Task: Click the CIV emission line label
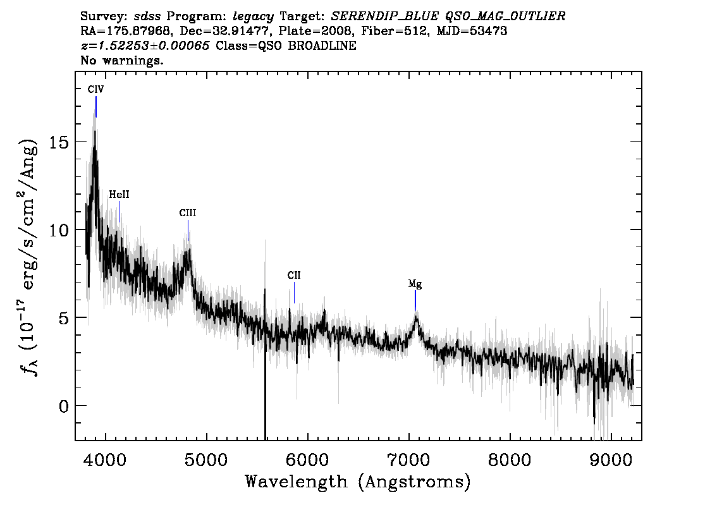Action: [x=96, y=89]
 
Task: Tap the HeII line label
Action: [x=119, y=195]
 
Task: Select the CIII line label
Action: [x=188, y=213]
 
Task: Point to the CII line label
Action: [x=294, y=275]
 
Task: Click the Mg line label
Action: [x=415, y=284]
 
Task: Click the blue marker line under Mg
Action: [x=415, y=301]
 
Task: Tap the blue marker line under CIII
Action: [x=188, y=230]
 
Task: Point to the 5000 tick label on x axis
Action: [x=207, y=460]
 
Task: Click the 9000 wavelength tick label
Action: [x=611, y=460]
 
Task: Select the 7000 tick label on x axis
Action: [x=409, y=460]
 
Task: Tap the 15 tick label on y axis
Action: [x=59, y=142]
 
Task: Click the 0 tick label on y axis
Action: [x=64, y=406]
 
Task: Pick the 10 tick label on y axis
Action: [x=59, y=229]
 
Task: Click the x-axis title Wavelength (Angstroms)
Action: [x=358, y=482]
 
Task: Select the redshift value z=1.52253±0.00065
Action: [x=145, y=46]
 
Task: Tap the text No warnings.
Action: [x=121, y=60]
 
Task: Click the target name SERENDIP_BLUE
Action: [x=384, y=16]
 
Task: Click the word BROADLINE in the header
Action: [x=322, y=46]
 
